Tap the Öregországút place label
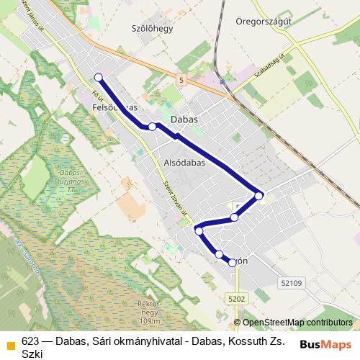[x=264, y=22]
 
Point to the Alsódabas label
[x=185, y=163]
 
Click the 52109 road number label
[x=292, y=283]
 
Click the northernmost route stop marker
[x=99, y=78]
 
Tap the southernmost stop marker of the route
[x=232, y=263]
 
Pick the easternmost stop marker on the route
[x=259, y=195]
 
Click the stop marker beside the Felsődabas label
[x=152, y=127]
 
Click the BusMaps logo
[x=325, y=345]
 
